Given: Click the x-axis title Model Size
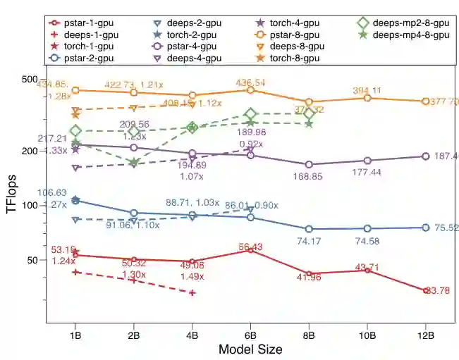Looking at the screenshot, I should point(250,349).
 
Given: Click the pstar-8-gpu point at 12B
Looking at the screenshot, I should point(426,101).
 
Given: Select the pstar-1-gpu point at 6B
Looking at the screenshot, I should point(250,249).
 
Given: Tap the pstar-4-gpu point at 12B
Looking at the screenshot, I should point(426,156).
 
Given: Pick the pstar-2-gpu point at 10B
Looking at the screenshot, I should point(367,228).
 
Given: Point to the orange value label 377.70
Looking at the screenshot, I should point(444,102).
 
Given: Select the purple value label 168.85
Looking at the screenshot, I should point(308,177).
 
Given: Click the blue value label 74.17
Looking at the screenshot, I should point(308,242).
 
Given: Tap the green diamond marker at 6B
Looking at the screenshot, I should point(250,114).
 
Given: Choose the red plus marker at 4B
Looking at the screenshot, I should point(192,292).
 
